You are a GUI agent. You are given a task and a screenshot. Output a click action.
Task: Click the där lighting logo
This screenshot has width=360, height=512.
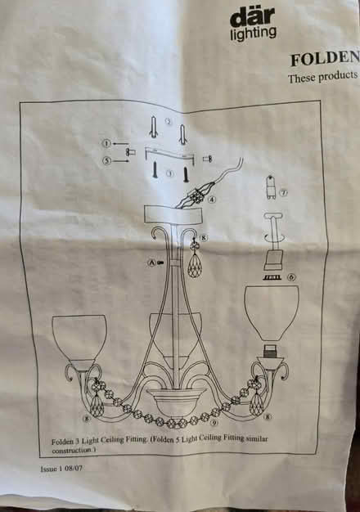(x=252, y=21)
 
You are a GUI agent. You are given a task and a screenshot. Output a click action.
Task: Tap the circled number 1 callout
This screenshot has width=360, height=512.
(x=106, y=142)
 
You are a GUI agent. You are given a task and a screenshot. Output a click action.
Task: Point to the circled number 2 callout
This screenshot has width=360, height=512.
(x=169, y=122)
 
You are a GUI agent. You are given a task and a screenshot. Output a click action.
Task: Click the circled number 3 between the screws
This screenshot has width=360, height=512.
(x=169, y=174)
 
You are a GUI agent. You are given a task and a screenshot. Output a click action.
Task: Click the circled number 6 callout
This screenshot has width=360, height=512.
(x=291, y=277)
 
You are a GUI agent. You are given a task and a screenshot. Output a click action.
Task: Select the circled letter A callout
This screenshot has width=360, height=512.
(x=151, y=262)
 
